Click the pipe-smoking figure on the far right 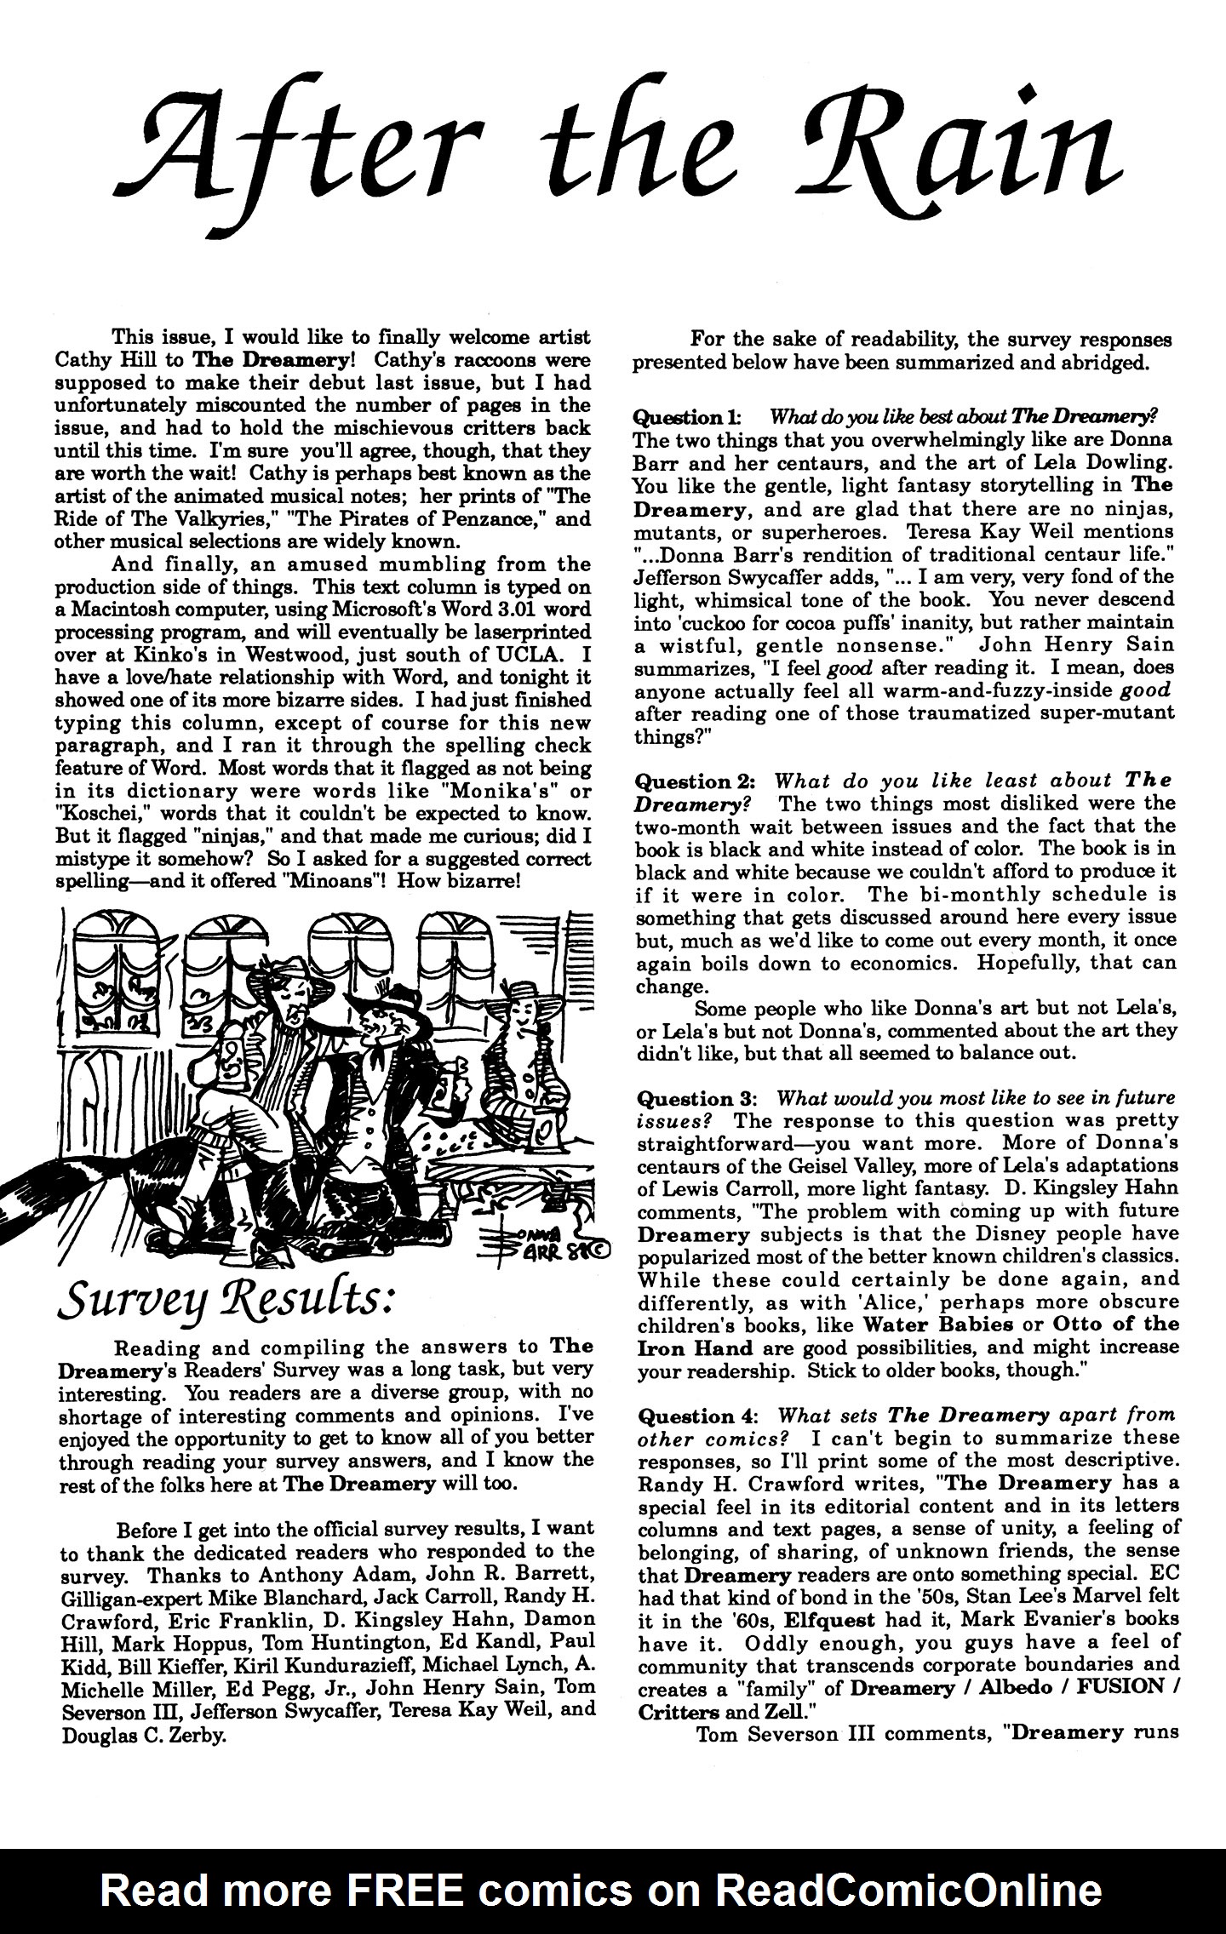(524, 1064)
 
